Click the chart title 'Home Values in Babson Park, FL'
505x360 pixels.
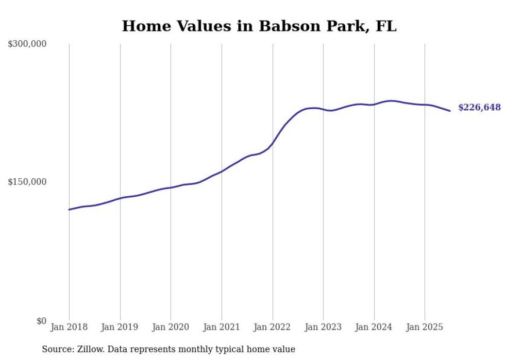(259, 26)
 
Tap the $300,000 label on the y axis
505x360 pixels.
(27, 44)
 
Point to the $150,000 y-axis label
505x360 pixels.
(27, 182)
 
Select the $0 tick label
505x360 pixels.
(41, 321)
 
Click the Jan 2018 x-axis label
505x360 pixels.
(69, 328)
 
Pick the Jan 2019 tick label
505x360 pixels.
(120, 328)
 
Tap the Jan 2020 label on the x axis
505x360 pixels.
(171, 328)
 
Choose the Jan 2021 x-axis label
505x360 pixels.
(222, 328)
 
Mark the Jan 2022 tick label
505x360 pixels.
(273, 328)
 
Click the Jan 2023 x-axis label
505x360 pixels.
(323, 328)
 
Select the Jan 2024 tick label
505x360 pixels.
(374, 328)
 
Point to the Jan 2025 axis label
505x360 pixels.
(425, 328)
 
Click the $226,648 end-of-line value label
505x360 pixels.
(479, 108)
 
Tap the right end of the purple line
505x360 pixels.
(450, 111)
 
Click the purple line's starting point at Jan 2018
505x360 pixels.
(69, 210)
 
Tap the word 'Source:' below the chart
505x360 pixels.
(57, 350)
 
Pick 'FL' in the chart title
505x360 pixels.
(386, 26)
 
